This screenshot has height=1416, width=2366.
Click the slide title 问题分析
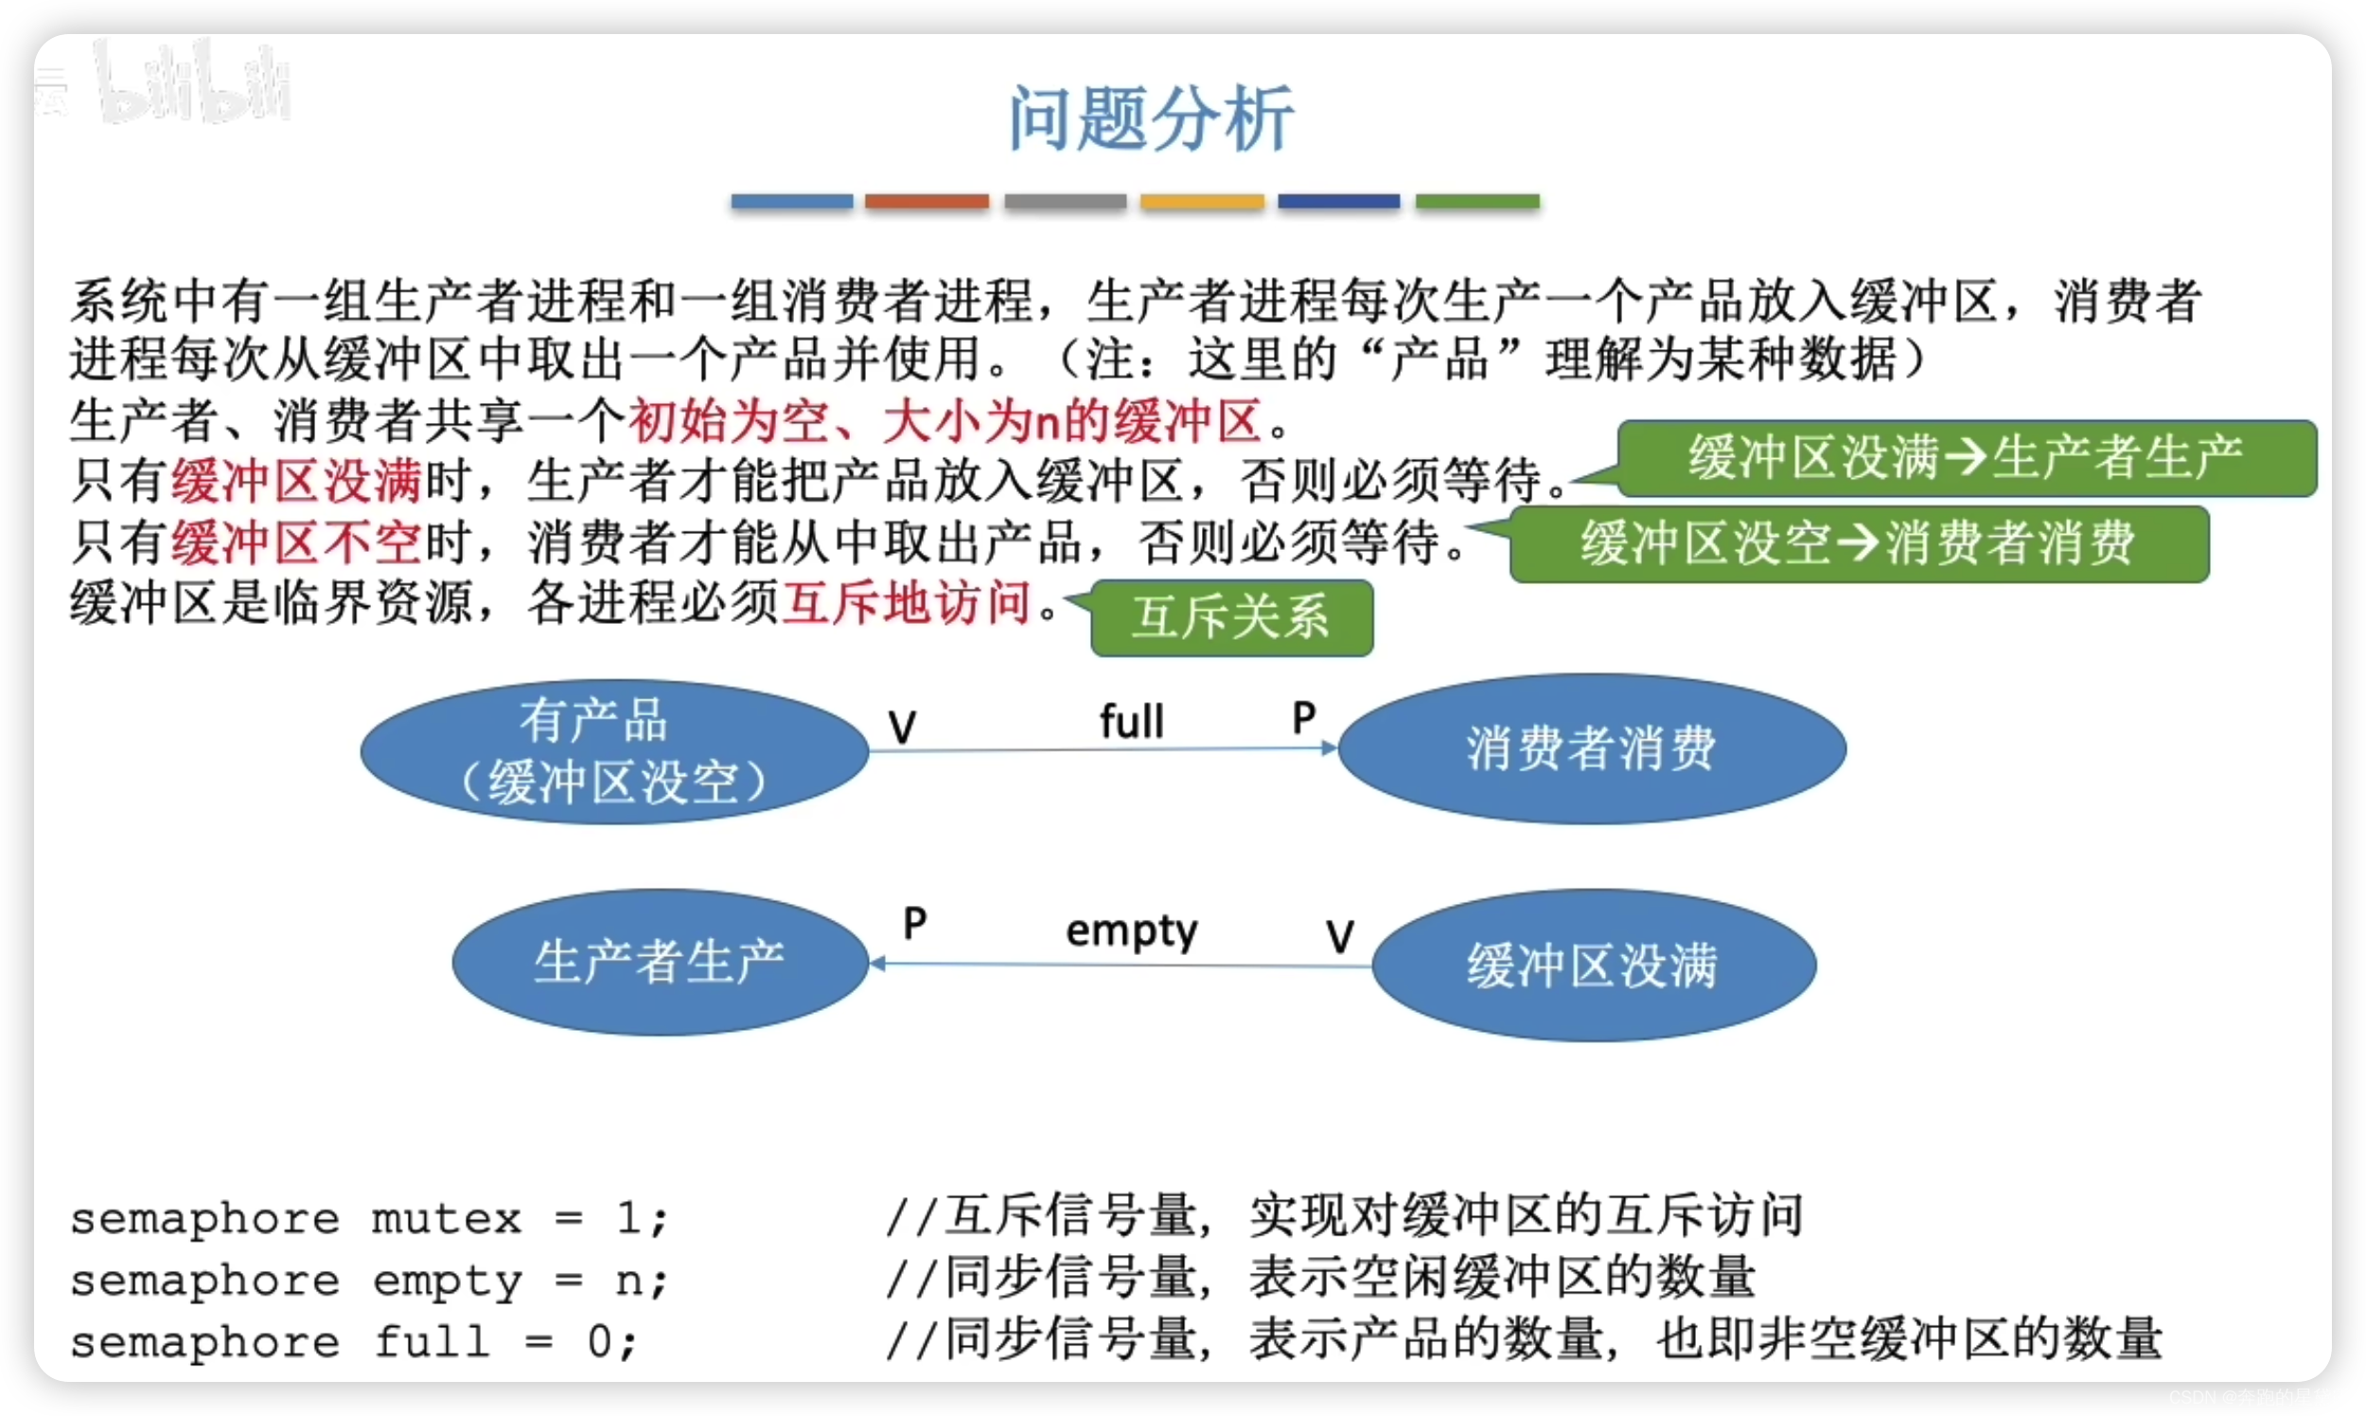tap(1151, 118)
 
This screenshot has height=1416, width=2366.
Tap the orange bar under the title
tap(927, 202)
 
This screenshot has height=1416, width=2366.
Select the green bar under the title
tap(1476, 202)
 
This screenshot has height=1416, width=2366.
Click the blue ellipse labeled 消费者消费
tap(1591, 748)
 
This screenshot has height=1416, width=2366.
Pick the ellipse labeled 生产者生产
tap(660, 962)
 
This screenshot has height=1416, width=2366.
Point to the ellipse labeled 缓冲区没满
tap(1593, 965)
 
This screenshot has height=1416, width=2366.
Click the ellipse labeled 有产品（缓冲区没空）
tap(613, 751)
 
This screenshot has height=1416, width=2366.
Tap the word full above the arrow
tap(1132, 721)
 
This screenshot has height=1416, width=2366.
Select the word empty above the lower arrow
tap(1132, 930)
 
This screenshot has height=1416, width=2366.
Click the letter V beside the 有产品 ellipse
tap(902, 727)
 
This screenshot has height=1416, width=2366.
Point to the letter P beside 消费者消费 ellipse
tap(1303, 717)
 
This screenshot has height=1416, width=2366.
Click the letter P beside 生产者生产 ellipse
tap(914, 923)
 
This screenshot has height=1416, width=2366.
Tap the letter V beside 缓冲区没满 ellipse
tap(1339, 936)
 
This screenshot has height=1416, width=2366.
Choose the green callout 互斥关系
tap(1230, 617)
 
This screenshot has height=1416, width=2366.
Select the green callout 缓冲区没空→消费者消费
tap(1858, 544)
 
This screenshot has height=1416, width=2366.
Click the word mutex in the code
tap(447, 1218)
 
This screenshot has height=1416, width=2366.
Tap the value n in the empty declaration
tap(629, 1281)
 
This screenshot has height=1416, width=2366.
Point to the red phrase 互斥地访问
tap(907, 603)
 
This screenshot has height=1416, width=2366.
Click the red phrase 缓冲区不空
tap(295, 543)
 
